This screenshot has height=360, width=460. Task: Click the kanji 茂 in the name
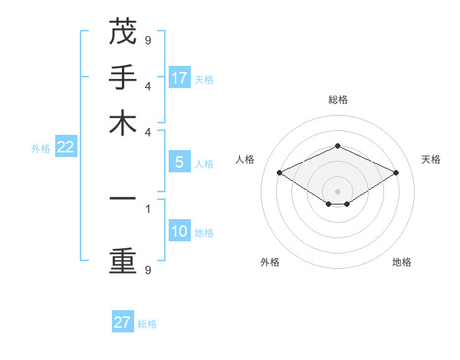tap(123, 32)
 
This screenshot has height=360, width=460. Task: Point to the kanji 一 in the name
tap(123, 198)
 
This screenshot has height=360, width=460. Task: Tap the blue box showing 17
tap(179, 77)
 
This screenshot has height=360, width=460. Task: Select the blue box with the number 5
tap(179, 162)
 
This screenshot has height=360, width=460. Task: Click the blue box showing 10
tap(179, 232)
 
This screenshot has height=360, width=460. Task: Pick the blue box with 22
tap(65, 148)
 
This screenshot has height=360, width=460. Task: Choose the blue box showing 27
tap(123, 322)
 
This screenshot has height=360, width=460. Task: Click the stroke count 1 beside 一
tap(147, 208)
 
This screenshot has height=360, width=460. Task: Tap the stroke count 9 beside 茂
tap(147, 40)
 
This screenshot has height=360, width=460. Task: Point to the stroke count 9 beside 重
tap(147, 270)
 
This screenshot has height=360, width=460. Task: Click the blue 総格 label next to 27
tap(147, 324)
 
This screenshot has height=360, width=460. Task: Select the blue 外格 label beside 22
tap(40, 149)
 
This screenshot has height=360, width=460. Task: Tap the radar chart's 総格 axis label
tap(337, 100)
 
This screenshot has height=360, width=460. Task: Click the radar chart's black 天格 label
tap(431, 159)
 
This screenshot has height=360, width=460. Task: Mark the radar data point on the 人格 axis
tap(279, 173)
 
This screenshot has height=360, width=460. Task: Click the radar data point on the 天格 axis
tap(396, 173)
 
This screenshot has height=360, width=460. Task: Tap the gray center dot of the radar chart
tap(337, 191)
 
